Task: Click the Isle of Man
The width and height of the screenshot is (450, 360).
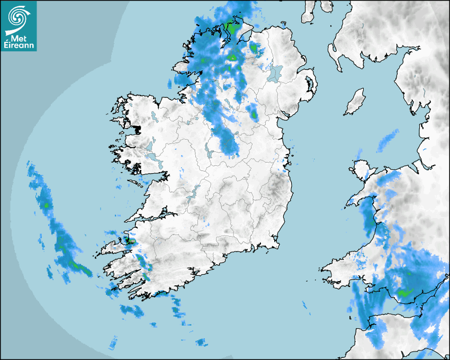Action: click(x=355, y=102)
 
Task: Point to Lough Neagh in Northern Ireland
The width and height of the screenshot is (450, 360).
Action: click(x=275, y=73)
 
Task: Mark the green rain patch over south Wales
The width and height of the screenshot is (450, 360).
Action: click(x=405, y=292)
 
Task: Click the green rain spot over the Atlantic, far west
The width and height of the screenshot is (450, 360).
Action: click(x=47, y=204)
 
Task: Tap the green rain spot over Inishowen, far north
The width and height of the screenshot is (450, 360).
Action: click(x=231, y=26)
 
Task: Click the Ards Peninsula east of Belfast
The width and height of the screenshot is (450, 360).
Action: click(x=311, y=87)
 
